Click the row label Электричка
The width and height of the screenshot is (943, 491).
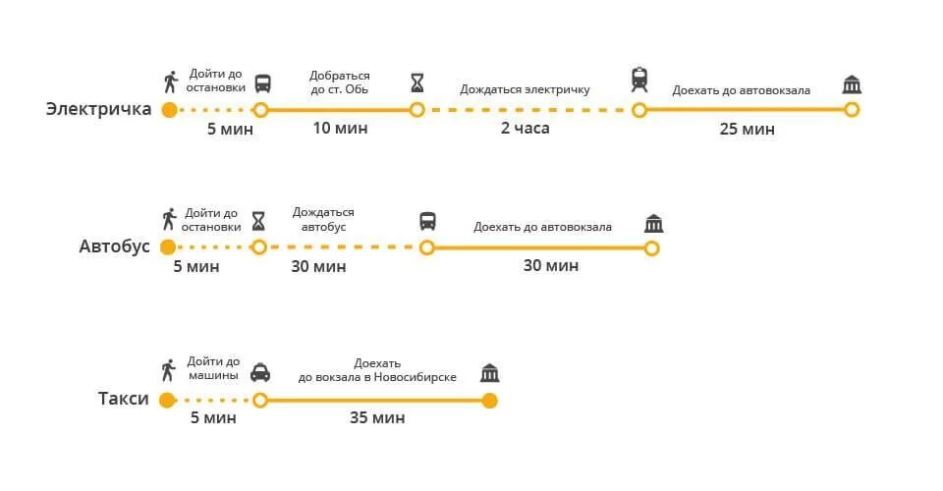98,109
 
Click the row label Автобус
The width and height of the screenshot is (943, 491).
114,246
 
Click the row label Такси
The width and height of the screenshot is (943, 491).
124,399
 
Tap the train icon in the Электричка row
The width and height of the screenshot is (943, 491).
639,80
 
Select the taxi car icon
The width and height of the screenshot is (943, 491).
260,372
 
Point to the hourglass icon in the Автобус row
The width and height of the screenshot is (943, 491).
258,219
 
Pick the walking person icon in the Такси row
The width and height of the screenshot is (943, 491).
167,370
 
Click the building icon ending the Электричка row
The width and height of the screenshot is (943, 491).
852,84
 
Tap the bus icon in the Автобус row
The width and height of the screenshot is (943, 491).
427,221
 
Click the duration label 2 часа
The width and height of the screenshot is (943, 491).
526,129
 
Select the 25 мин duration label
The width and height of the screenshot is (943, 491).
747,129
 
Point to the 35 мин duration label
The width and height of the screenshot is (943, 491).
377,418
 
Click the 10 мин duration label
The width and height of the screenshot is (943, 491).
340,129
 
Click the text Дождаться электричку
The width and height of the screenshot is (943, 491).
525,89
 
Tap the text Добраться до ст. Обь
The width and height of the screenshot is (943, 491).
340,82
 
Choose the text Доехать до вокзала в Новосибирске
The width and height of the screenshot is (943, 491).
377,369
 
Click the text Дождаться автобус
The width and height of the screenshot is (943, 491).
323,219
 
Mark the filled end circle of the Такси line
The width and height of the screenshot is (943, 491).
489,400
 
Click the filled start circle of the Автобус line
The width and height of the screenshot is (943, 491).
168,246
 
